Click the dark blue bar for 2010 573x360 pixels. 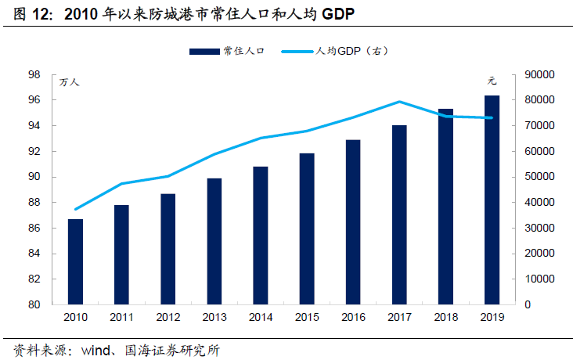click(75, 261)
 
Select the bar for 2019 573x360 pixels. click(492, 200)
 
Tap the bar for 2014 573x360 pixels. click(260, 235)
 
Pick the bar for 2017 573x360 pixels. click(399, 214)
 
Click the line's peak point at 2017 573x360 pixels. click(399, 102)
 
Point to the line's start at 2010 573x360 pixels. click(75, 209)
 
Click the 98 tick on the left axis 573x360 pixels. click(34, 75)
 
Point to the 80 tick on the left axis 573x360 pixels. click(34, 304)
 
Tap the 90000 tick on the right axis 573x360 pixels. click(538, 75)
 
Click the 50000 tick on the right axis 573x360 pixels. click(538, 177)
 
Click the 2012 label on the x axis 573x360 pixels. click(168, 317)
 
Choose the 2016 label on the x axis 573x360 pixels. click(353, 317)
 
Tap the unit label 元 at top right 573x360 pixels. click(492, 81)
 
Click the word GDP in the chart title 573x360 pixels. click(339, 15)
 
